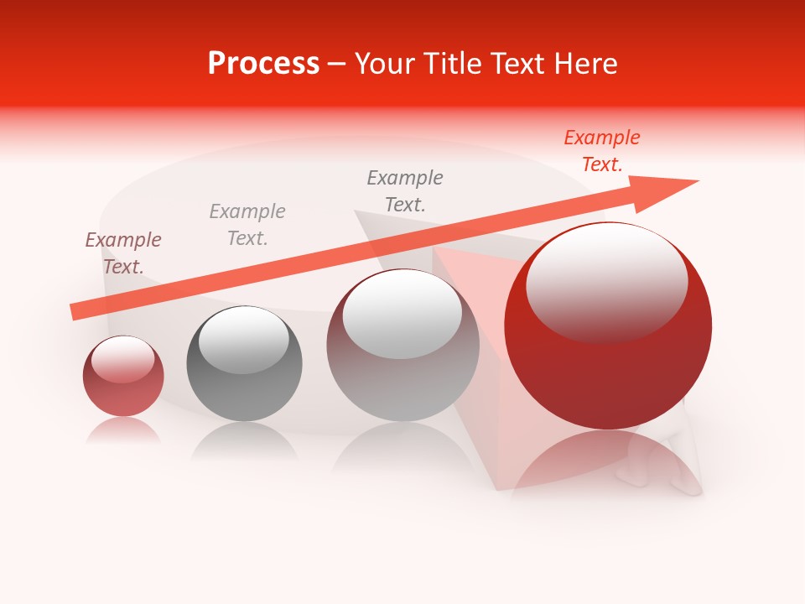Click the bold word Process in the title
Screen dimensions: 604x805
(263, 64)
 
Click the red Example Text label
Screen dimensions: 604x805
(601, 151)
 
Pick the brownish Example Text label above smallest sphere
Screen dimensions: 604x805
(123, 253)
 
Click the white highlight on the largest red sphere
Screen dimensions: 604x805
(606, 281)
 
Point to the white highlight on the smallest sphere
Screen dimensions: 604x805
(123, 359)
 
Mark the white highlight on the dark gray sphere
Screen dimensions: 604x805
(243, 338)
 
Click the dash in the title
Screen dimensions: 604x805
(336, 64)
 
